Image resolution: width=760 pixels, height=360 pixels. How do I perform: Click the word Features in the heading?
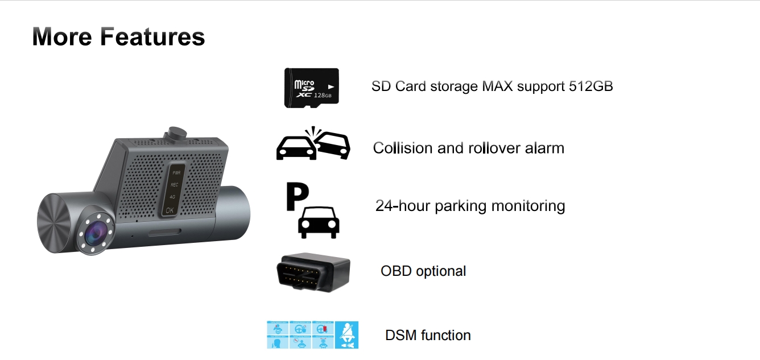[152, 37]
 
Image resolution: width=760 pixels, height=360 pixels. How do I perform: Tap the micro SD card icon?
[311, 87]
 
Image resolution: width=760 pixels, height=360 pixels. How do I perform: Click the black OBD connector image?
[313, 272]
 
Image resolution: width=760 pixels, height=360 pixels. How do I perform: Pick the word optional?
[441, 271]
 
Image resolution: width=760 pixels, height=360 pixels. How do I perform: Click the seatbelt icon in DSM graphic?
[346, 335]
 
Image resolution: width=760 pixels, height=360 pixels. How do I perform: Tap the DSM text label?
[398, 336]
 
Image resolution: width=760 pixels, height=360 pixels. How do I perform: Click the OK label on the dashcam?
[170, 210]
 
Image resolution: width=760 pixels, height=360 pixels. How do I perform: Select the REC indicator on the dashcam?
[174, 184]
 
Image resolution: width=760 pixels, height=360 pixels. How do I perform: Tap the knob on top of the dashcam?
[176, 132]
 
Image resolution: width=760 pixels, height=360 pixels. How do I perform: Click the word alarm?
[546, 148]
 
